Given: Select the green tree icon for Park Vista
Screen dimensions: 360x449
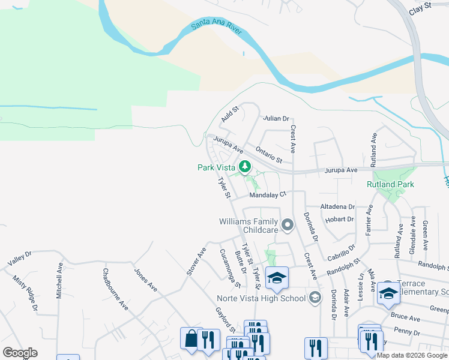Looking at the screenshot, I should point(244,166).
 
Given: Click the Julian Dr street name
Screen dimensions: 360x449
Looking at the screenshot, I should point(277,118).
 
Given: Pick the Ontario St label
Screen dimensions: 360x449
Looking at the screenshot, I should point(268,154).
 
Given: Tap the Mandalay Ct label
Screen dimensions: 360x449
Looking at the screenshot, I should point(268,194).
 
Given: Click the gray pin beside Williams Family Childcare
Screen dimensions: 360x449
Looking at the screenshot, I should point(288,226).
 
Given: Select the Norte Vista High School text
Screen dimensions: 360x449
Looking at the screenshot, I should point(261,298).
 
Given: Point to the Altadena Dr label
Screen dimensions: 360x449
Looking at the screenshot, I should point(338,206).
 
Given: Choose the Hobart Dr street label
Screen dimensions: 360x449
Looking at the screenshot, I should point(339,220).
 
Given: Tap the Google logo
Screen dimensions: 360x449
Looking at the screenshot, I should point(20,353).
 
